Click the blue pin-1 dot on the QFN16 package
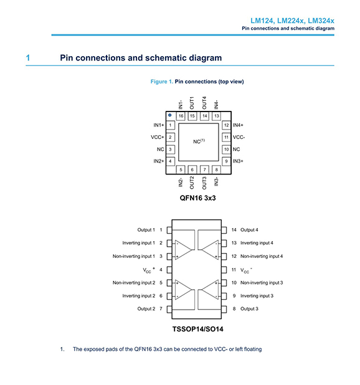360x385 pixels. tap(170, 115)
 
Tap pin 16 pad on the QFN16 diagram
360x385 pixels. tap(181, 116)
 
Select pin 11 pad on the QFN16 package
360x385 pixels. tap(226, 137)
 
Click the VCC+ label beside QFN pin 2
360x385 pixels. tap(158, 137)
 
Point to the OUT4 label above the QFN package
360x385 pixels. tap(204, 103)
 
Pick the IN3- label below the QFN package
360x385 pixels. tap(216, 181)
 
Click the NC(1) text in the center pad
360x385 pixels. tap(199, 141)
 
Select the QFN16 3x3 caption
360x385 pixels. tap(198, 198)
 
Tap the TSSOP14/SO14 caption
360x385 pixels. tap(198, 329)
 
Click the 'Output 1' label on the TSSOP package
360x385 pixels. tap(146, 230)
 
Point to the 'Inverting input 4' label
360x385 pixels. tap(257, 243)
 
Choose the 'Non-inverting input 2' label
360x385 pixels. tap(134, 283)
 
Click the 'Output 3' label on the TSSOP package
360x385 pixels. tap(249, 308)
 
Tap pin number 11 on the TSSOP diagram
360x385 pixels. tap(234, 270)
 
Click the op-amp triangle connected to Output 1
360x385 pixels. tap(183, 250)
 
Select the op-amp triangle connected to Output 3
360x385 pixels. tap(210, 290)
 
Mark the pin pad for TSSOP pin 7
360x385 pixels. tap(169, 309)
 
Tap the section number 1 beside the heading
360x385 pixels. tap(28, 58)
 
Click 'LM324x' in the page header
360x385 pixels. tap(321, 21)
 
